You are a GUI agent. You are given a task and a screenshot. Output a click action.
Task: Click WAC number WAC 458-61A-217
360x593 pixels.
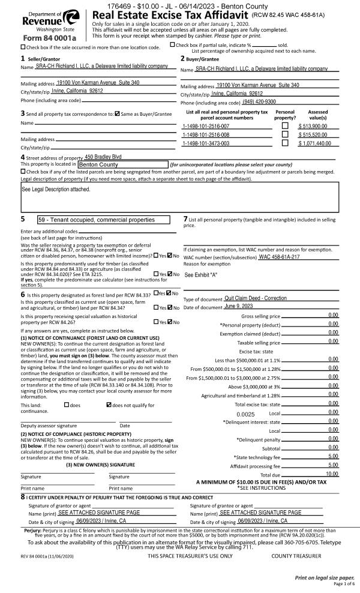click(268, 257)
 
